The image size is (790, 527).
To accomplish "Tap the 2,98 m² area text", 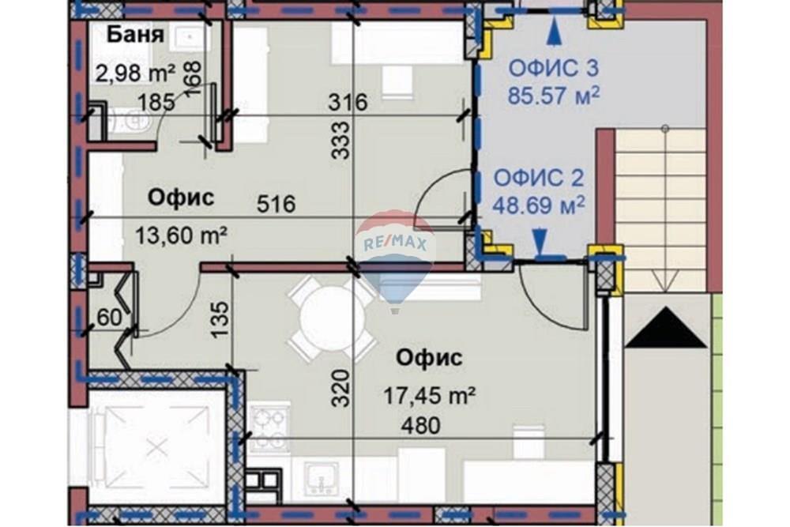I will tap(135, 73).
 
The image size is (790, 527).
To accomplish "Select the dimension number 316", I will tap(348, 102).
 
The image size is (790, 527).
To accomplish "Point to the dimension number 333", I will tap(340, 140).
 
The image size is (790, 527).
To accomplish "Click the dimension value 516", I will tap(276, 205).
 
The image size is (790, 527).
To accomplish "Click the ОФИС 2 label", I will tap(539, 178).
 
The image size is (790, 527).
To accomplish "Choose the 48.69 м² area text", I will tap(539, 205).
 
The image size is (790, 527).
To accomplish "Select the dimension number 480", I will tap(419, 426).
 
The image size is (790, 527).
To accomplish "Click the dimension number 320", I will tap(340, 388).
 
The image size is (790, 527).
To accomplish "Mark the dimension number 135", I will tap(222, 318).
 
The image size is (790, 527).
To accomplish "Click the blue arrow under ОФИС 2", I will tap(540, 239).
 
